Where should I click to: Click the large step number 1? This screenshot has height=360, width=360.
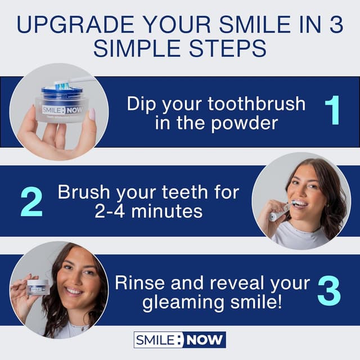coord(332,111)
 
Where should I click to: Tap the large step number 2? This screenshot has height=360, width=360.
coord(31,201)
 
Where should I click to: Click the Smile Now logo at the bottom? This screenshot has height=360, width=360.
coord(179,340)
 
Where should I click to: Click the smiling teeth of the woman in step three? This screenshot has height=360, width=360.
coord(74,291)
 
